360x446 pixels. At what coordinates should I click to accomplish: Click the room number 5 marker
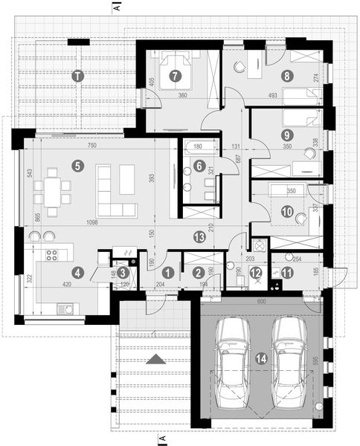point(77,165)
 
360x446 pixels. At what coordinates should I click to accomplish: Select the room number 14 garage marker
point(261,358)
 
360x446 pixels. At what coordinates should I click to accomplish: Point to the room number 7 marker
point(175,75)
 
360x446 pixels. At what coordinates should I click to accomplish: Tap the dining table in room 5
point(51,190)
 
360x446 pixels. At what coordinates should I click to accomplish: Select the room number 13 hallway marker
point(199,237)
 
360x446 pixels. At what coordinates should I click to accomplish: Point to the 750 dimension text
point(92,146)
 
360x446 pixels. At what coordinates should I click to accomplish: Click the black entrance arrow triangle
point(156,358)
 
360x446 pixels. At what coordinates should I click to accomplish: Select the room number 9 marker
point(286,135)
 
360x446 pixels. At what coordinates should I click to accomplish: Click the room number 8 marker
point(286,75)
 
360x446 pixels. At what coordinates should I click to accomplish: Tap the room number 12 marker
point(257,272)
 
